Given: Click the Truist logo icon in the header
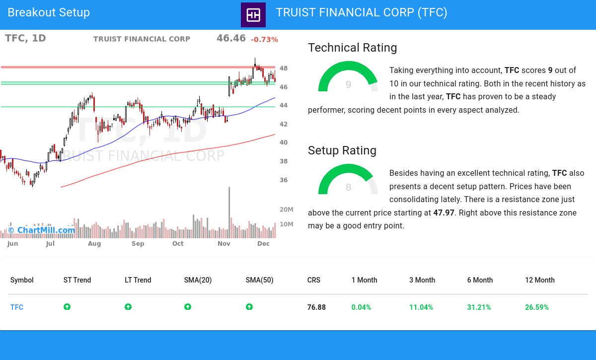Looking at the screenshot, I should pos(253,15).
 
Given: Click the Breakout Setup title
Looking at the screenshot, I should pos(49,13).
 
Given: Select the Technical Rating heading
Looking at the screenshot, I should pos(352,48).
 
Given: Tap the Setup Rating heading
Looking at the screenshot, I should pos(342,150).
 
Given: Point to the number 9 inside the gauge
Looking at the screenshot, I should pos(348,85).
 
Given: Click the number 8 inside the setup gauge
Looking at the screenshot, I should pos(348,187).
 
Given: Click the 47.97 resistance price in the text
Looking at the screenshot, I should pos(444,213).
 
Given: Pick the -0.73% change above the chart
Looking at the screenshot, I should pos(264,40).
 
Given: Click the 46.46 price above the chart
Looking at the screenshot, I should pos(231,38).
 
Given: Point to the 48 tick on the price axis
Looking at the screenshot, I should pos(284,69).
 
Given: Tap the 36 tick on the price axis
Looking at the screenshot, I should pos(284,180).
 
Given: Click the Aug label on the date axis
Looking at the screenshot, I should pos(94,244).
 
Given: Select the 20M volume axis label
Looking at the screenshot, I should pos(286,210).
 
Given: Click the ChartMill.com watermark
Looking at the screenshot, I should pos(42,230).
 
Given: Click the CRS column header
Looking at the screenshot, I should pos(313,280).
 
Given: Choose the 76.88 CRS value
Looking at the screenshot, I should pos(316,307).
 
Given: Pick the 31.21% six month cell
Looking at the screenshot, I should pos(479,307).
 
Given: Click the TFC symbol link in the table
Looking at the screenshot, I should pos(17,307).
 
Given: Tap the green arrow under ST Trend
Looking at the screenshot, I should pos(67,307).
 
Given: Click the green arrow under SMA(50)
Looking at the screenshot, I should pos(249,307).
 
